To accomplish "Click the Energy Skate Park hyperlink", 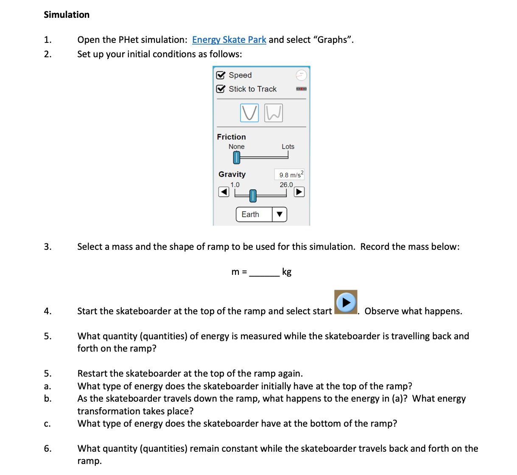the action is (x=229, y=40).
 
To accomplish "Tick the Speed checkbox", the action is (x=221, y=75).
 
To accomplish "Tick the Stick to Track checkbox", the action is (x=221, y=89).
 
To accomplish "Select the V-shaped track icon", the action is (x=249, y=113).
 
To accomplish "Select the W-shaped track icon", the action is (x=274, y=113).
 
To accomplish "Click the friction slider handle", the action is (x=237, y=158).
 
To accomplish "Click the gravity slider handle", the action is (x=253, y=196).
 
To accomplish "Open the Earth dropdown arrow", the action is (x=279, y=214).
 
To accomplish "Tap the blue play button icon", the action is (x=346, y=302).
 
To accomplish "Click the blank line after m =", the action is (x=264, y=272).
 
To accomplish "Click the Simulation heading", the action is (x=67, y=15).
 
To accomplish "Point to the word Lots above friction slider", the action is (x=288, y=147).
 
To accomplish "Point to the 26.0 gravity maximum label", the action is (x=286, y=185).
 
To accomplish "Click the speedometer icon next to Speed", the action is (x=301, y=75).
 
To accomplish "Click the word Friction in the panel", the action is (x=231, y=137).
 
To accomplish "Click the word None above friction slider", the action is (x=236, y=147).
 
